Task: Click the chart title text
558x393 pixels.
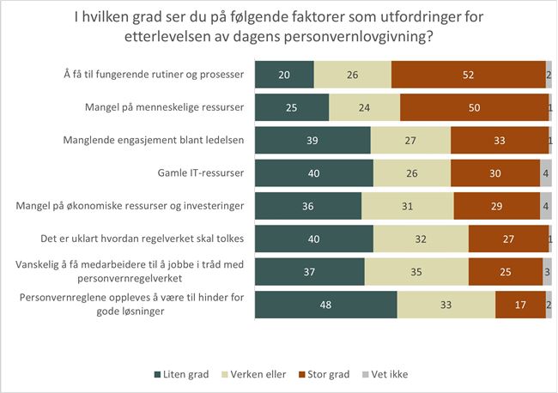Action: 279,26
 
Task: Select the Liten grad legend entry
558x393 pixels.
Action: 184,374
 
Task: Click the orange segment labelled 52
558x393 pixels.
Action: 468,75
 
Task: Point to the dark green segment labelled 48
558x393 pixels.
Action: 326,304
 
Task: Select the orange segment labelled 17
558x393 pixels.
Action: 520,304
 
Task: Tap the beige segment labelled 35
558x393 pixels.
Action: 416,271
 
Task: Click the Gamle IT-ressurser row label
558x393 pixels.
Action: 203,173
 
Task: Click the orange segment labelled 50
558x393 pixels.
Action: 474,107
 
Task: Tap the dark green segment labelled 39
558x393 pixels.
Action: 313,140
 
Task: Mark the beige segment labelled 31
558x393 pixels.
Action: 408,206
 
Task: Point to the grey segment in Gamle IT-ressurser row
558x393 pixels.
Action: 546,173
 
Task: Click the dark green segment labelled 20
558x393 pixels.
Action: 285,75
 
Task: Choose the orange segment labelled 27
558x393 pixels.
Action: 508,239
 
